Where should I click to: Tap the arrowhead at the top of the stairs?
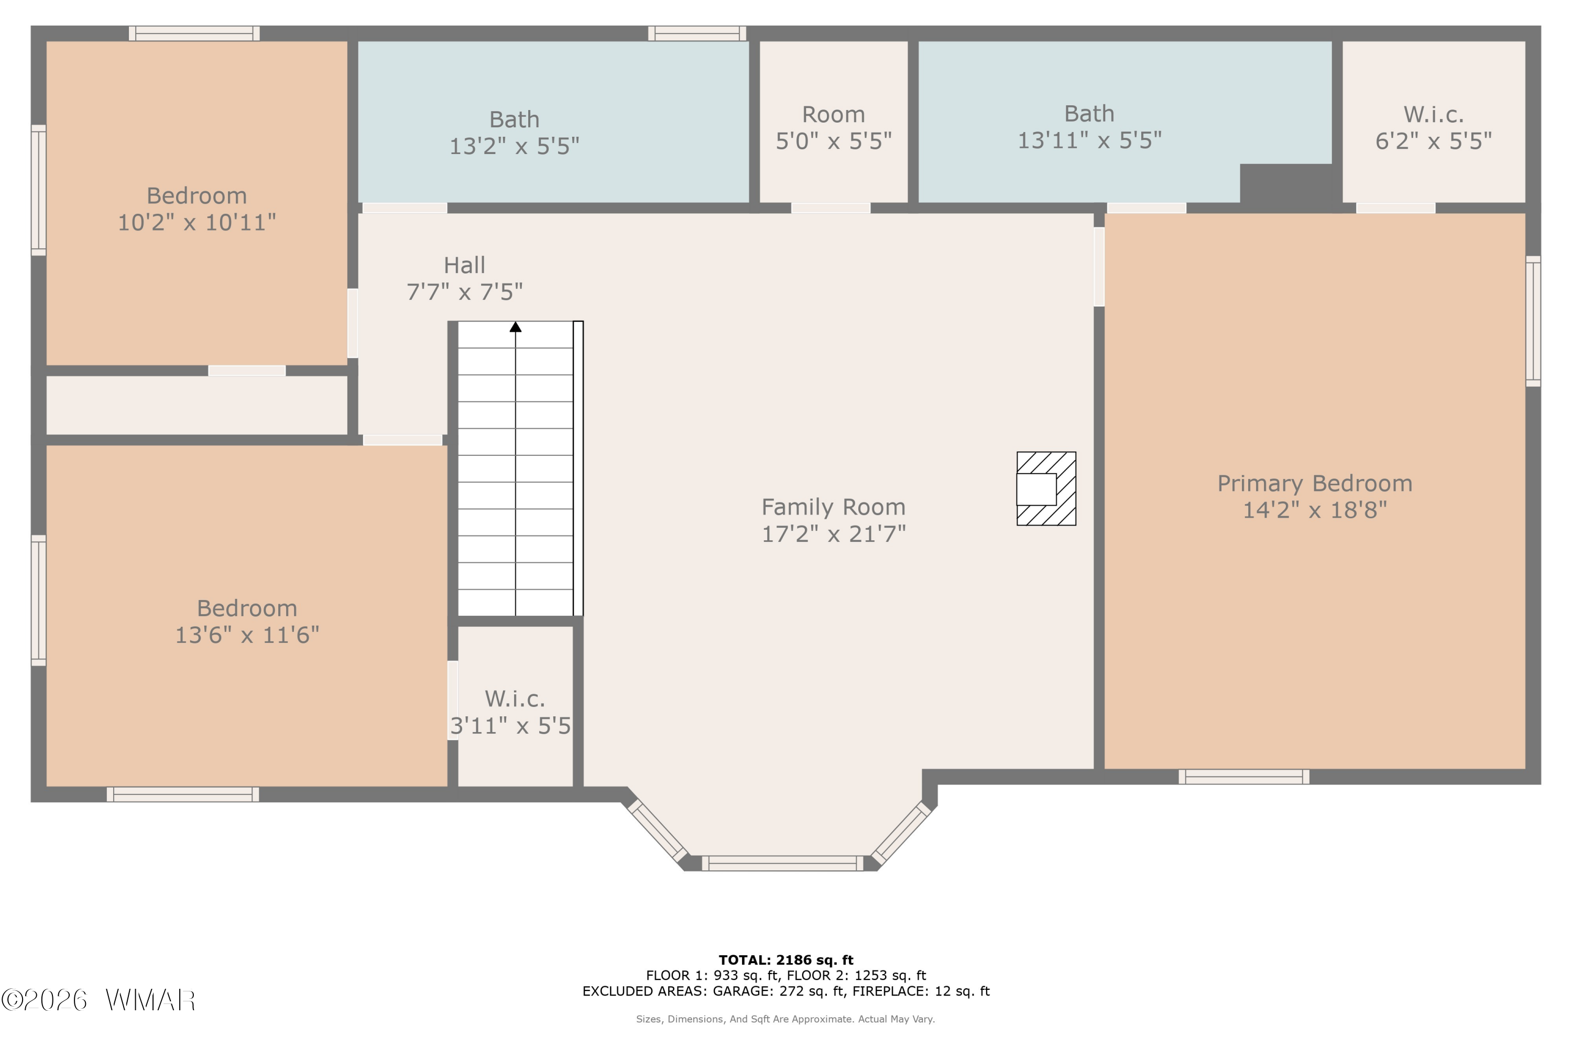pos(515,327)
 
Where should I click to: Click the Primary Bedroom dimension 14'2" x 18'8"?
pos(1315,510)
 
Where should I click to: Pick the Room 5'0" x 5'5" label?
pos(834,128)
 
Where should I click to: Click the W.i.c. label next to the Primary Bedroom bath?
pos(1434,128)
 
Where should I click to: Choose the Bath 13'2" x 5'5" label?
pos(514,133)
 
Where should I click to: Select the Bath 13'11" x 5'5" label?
pos(1089,127)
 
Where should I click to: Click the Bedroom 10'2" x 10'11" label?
pos(196,209)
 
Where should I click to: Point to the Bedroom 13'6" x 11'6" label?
pos(247,621)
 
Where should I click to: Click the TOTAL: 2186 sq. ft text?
pos(786,960)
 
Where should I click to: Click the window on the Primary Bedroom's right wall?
pos(1533,321)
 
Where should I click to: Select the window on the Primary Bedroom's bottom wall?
pos(1244,777)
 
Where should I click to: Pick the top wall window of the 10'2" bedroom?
pos(194,34)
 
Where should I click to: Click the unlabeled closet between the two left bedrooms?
pos(196,405)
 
